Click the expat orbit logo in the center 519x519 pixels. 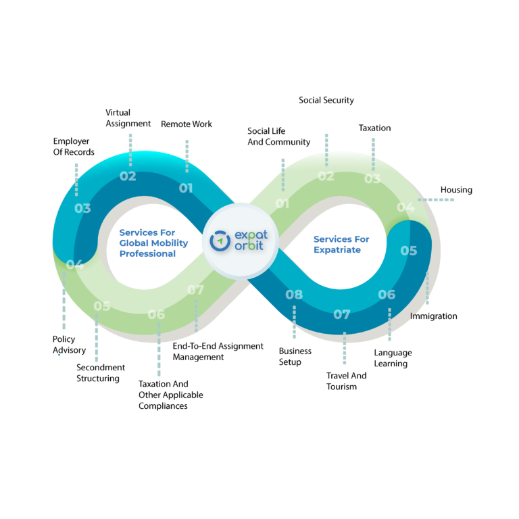point(241,241)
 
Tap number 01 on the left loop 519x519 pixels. point(186,188)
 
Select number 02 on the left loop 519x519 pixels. point(128,176)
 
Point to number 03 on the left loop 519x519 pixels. point(82,208)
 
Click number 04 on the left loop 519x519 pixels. point(74,264)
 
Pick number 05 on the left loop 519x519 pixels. point(102,306)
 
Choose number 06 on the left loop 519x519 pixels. point(156,314)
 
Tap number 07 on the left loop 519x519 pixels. point(195,290)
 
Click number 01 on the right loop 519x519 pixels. point(282,203)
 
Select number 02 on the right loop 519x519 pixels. point(326,176)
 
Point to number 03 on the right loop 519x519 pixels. point(372,179)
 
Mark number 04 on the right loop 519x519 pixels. point(405,207)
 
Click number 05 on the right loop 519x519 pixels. point(409,251)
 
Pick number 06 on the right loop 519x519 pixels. point(387,295)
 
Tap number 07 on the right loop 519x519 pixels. point(342,314)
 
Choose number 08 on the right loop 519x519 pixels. point(294,295)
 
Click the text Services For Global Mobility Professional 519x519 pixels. point(153,243)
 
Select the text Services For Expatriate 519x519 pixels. point(341,244)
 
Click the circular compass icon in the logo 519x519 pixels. point(220,241)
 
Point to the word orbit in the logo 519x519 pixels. point(250,247)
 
